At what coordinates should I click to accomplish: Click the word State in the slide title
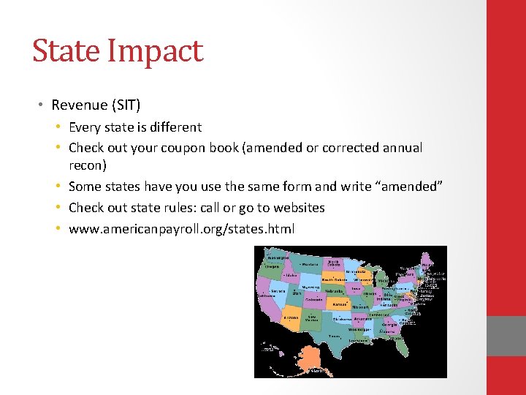[64, 51]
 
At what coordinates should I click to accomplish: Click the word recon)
[88, 165]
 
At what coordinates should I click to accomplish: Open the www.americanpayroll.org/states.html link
[181, 229]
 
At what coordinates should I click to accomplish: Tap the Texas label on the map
[334, 336]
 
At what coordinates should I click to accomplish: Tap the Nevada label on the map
[278, 290]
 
